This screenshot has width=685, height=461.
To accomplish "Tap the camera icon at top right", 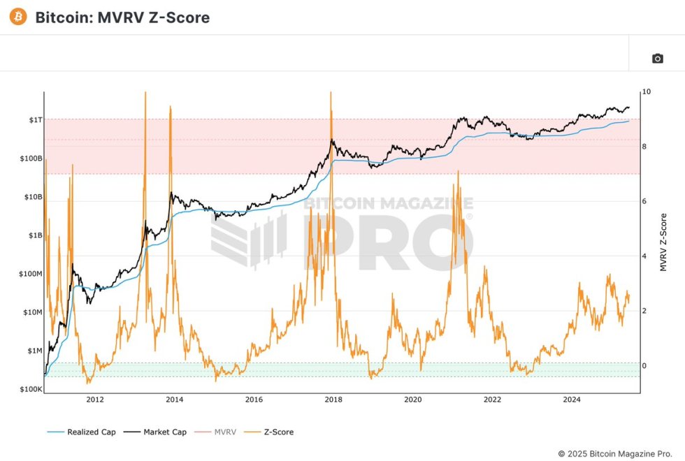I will pyautogui.click(x=657, y=59).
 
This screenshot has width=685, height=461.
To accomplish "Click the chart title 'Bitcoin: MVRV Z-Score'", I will pyautogui.click(x=122, y=17).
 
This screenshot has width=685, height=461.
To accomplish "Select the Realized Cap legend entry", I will pyautogui.click(x=82, y=432).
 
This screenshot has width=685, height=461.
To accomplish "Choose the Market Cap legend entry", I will pyautogui.click(x=156, y=432).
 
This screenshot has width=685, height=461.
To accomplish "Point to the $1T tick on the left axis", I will pyautogui.click(x=35, y=120).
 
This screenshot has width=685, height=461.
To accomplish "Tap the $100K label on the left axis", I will pyautogui.click(x=31, y=389).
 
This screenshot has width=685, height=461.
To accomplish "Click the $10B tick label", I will pyautogui.click(x=32, y=197).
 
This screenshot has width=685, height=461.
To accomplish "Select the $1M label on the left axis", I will pyautogui.click(x=34, y=351).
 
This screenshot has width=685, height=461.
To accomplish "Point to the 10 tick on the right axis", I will pyautogui.click(x=647, y=92).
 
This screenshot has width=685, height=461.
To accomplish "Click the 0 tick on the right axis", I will pyautogui.click(x=644, y=366).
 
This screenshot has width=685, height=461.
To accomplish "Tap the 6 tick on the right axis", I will pyautogui.click(x=644, y=202).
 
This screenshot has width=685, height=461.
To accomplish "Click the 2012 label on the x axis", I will pyautogui.click(x=95, y=400).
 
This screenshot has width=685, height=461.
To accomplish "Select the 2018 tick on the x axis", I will pyautogui.click(x=334, y=400).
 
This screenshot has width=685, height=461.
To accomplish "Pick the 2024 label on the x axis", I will pyautogui.click(x=572, y=400).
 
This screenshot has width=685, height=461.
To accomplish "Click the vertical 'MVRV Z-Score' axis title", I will pyautogui.click(x=663, y=242).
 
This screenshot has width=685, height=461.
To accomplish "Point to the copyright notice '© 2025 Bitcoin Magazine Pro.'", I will pyautogui.click(x=616, y=453).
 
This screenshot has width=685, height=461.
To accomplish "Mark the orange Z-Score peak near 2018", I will pyautogui.click(x=330, y=94).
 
